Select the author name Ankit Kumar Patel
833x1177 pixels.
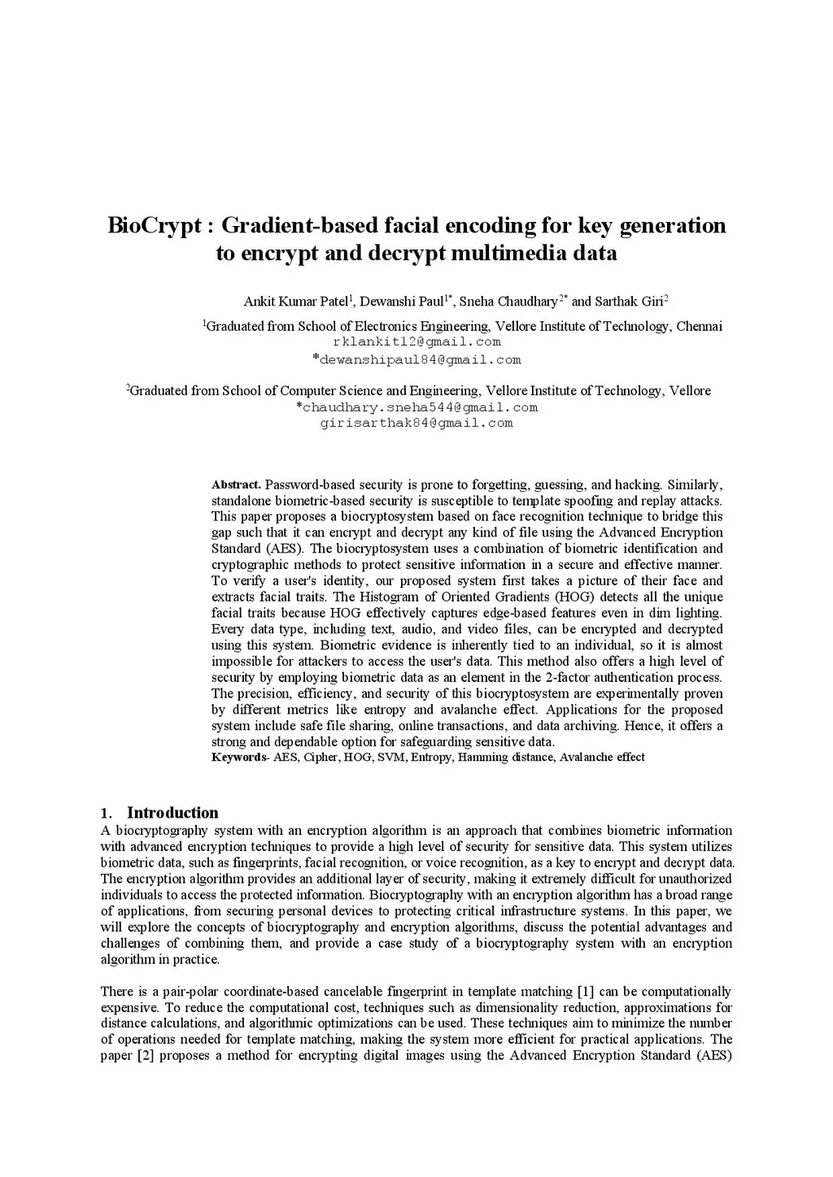(x=295, y=302)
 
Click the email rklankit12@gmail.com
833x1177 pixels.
(x=416, y=342)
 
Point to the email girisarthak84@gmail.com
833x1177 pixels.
(x=416, y=423)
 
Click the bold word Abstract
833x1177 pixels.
(x=236, y=484)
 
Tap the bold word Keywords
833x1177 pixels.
(x=238, y=758)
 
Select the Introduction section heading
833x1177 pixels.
(x=172, y=813)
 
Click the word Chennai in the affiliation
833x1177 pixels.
(x=699, y=327)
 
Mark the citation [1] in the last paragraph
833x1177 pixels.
(x=585, y=992)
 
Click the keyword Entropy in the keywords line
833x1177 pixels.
(x=431, y=758)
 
